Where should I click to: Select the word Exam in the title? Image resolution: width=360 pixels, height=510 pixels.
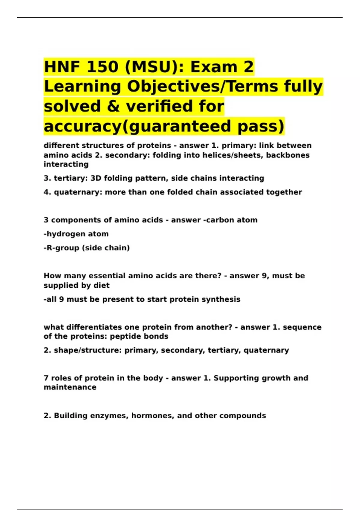(x=213, y=67)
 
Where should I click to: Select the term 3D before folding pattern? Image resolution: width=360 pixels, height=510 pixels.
(x=96, y=178)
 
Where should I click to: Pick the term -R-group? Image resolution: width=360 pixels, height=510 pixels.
(x=61, y=248)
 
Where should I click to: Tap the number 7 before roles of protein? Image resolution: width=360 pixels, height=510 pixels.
(x=46, y=378)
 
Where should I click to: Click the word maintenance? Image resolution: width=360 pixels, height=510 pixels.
(x=70, y=387)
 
